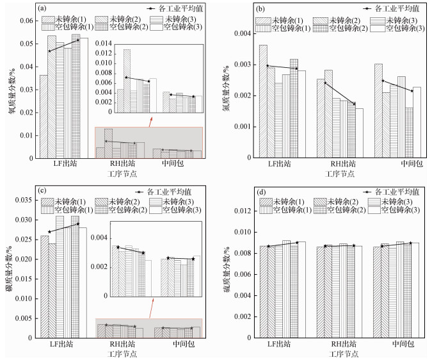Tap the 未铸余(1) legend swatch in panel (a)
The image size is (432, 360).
pos(46,19)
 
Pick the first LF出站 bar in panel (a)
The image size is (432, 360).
pos(43,117)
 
